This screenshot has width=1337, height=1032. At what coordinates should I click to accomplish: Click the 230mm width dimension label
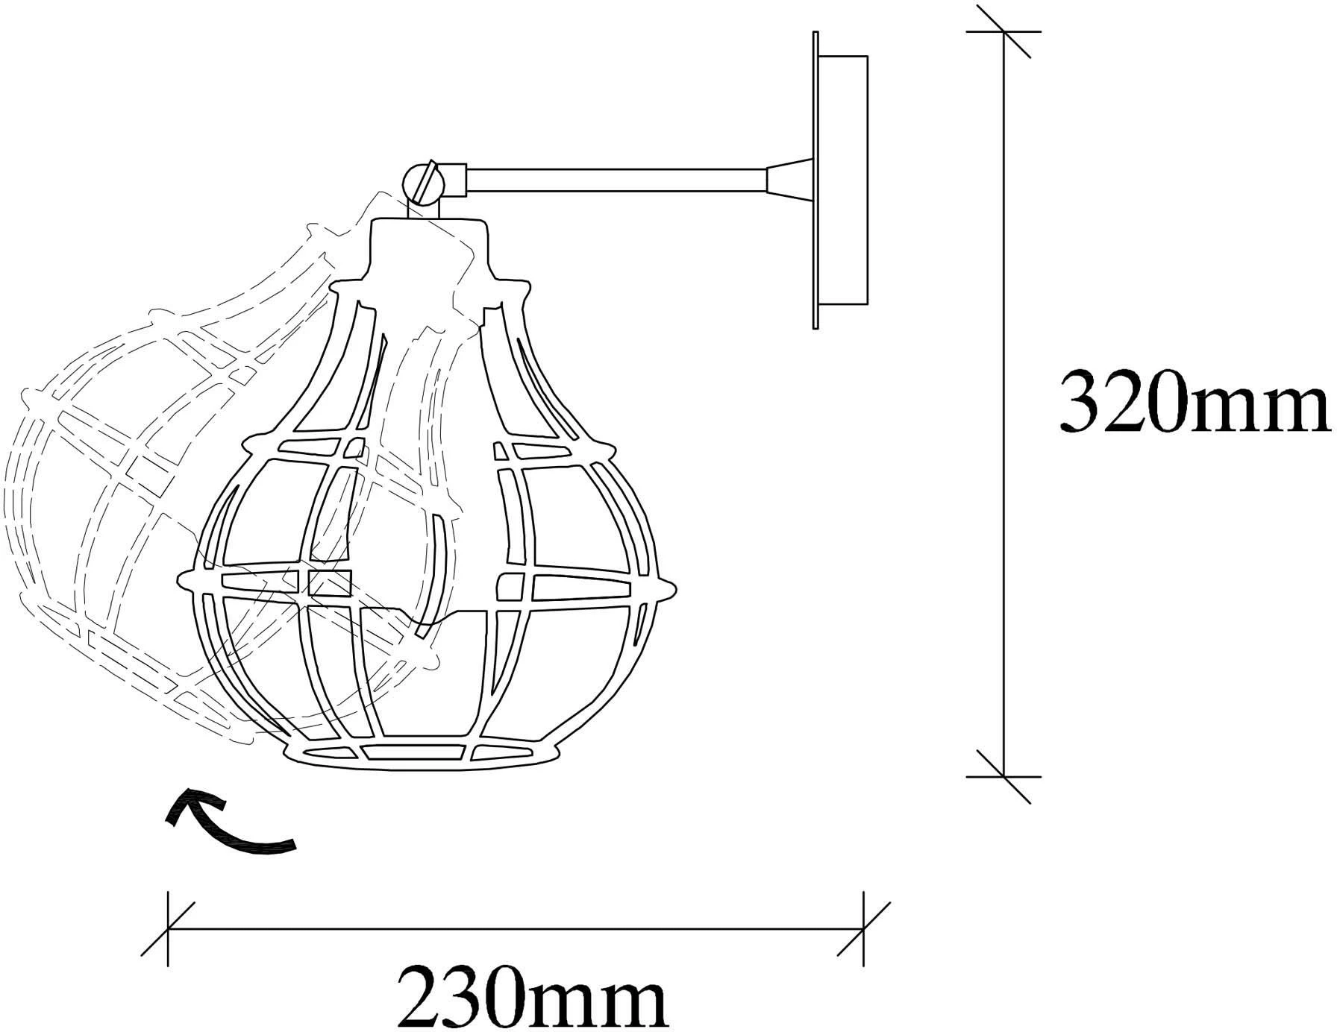532,995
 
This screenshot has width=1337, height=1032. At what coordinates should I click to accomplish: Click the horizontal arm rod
616,180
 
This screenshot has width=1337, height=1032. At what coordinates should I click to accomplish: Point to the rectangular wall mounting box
844,180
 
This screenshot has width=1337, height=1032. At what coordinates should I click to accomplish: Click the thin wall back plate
815,180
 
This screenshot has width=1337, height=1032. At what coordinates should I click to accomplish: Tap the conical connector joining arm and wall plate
789,180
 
